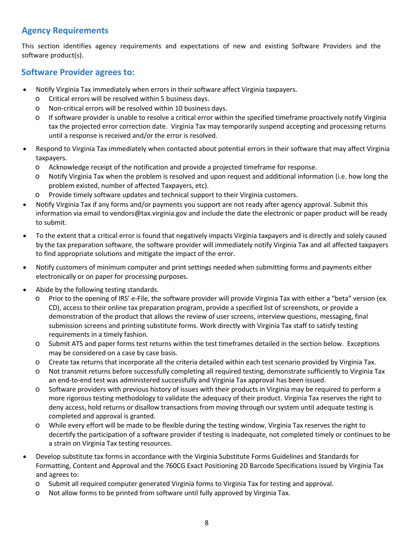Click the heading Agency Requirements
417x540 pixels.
pos(65,30)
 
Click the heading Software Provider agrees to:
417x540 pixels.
pos(78,72)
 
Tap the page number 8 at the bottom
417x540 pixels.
pos(207,522)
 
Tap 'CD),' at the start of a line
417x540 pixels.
pos(55,308)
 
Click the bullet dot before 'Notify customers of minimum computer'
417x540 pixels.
pos(25,267)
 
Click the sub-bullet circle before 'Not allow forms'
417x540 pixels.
pos(38,493)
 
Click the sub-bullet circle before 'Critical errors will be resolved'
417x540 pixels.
pos(38,99)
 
